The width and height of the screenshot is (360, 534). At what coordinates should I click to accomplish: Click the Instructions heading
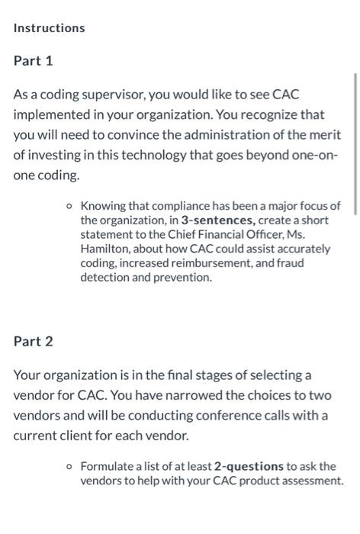tap(49, 28)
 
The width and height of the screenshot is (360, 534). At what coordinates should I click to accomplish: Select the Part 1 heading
tap(33, 60)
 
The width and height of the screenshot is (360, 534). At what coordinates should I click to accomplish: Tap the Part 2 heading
tap(33, 341)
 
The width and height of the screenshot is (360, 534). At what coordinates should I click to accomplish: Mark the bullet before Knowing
tap(69, 206)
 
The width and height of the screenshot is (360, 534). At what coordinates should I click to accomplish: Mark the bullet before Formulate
tap(69, 466)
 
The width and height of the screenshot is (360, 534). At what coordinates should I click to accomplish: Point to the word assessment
tap(313, 481)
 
